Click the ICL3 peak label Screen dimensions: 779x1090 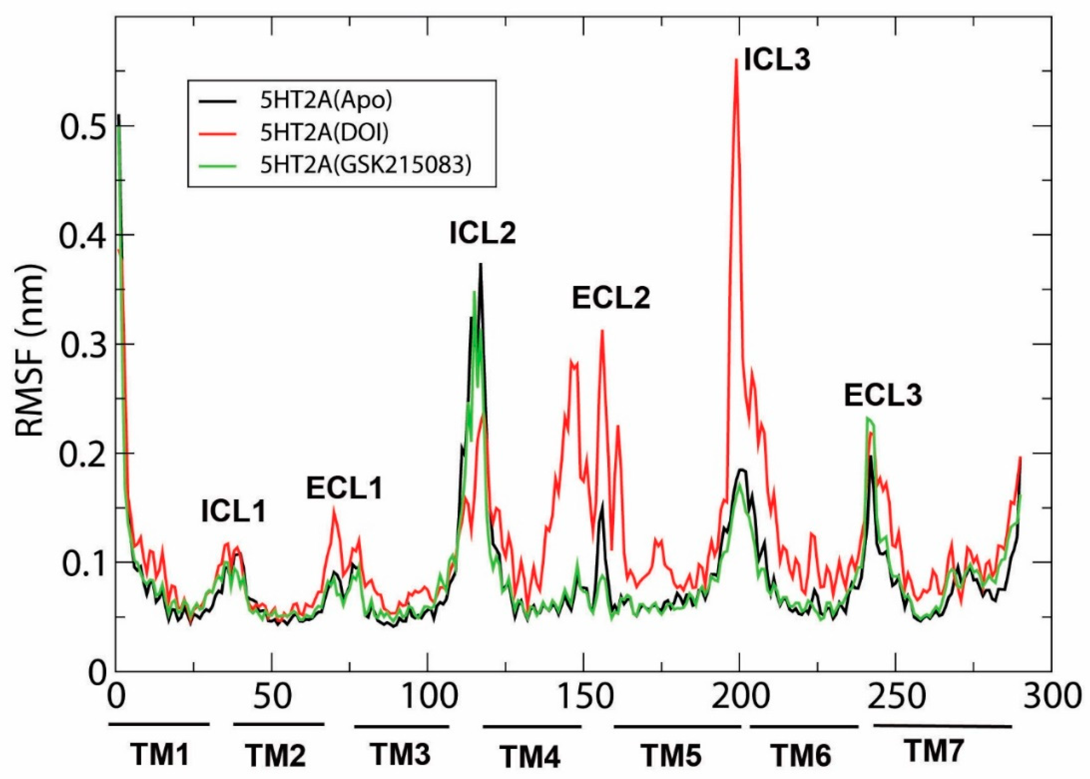[777, 61]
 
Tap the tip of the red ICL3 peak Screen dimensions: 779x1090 [736, 60]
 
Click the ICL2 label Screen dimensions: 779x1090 [482, 234]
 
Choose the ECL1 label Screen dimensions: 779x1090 [344, 489]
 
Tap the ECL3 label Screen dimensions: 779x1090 [883, 396]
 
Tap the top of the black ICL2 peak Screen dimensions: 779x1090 [480, 265]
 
